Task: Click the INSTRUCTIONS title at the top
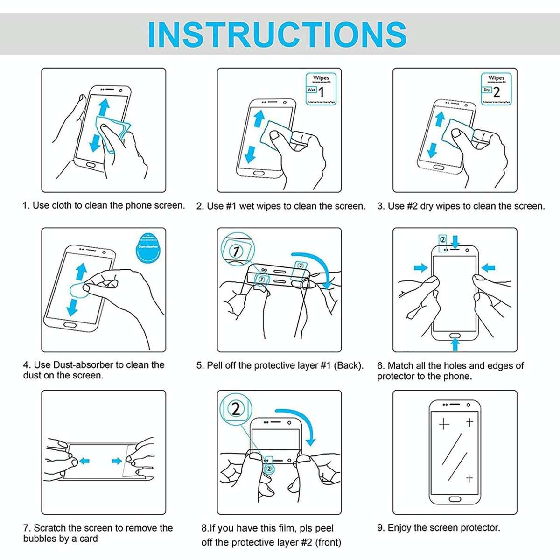pos(277,34)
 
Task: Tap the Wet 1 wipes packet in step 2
pos(321,89)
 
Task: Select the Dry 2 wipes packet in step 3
pos(496,89)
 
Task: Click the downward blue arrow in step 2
pos(251,153)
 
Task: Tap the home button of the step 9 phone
pos(455,499)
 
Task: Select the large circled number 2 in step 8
pos(236,409)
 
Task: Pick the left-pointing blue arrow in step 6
pos(488,268)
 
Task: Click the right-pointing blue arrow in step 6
pos(421,268)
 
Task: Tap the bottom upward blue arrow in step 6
pos(455,345)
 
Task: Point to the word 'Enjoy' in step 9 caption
pos(399,528)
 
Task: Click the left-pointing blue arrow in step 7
pos(84,461)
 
